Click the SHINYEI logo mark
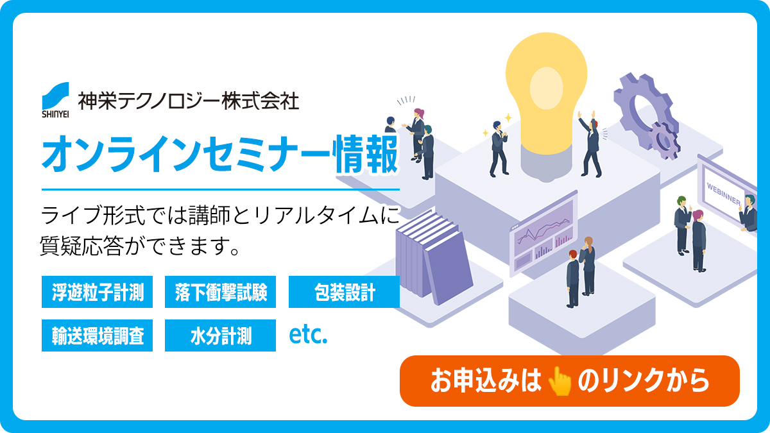click(55, 99)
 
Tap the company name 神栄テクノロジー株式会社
click(189, 101)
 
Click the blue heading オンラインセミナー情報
click(220, 153)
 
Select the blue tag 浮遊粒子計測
click(98, 292)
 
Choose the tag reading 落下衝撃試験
click(220, 292)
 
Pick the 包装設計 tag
click(344, 292)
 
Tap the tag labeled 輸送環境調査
click(98, 335)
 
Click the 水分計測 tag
click(220, 335)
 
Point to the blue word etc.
click(308, 335)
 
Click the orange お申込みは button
click(570, 381)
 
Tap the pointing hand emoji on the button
click(560, 381)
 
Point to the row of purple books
click(434, 258)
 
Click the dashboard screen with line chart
click(543, 233)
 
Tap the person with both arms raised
click(590, 144)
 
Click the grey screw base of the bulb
click(547, 163)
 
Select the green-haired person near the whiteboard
click(682, 225)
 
